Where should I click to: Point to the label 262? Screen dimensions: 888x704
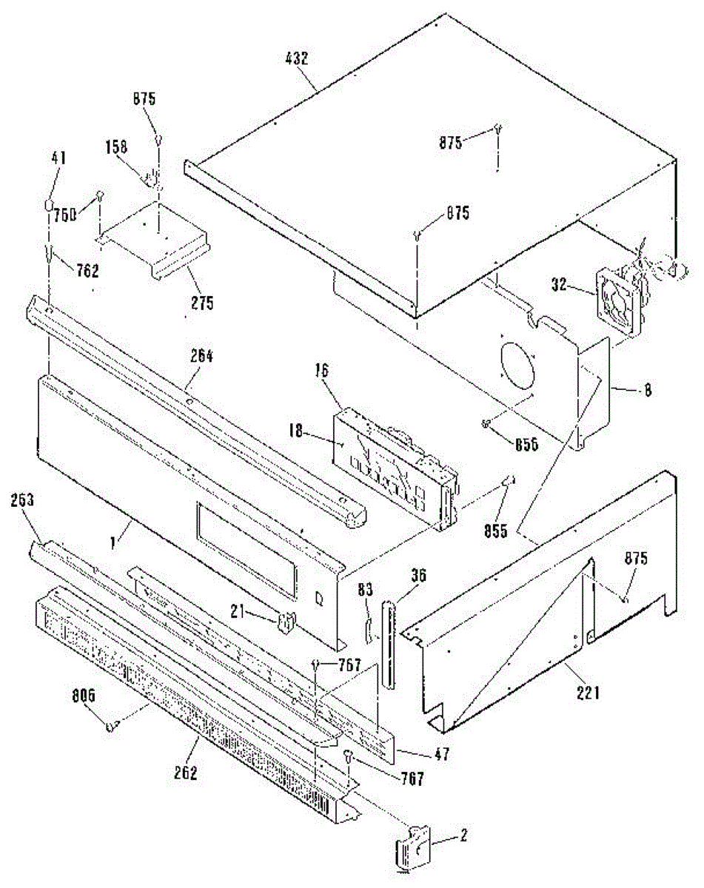(186, 773)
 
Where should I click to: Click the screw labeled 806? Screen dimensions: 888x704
(112, 726)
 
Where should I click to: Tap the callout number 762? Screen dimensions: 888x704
(87, 271)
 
